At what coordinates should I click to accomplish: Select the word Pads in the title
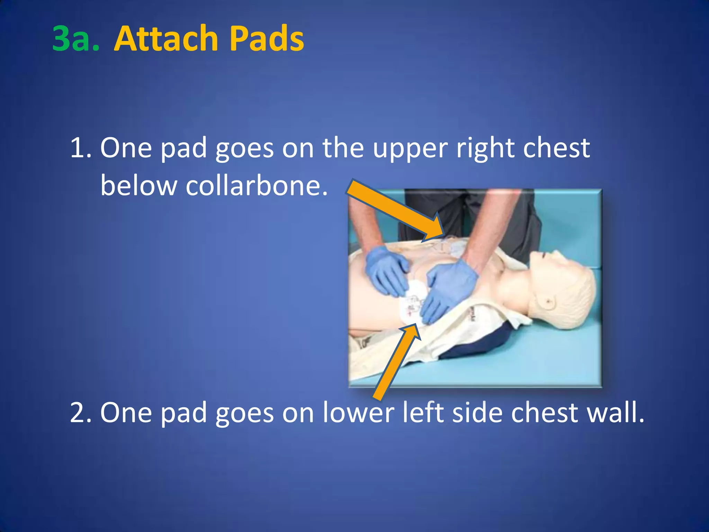click(x=267, y=39)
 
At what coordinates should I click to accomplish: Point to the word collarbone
click(x=256, y=186)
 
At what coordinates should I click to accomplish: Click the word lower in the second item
click(x=358, y=413)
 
